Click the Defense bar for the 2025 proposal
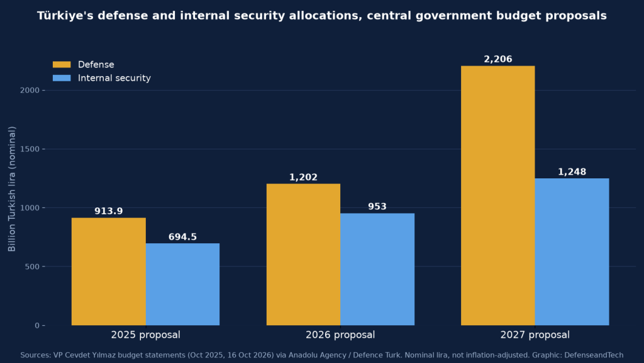[108, 272]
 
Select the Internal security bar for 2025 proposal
[183, 284]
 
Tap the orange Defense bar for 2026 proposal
[304, 255]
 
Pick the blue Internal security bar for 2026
[377, 269]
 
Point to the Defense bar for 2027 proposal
[498, 195]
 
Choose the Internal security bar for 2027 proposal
[572, 252]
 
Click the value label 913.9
[108, 211]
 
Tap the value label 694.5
[183, 237]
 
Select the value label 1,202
[304, 177]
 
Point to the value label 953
[377, 207]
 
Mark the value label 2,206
[498, 59]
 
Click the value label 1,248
[572, 172]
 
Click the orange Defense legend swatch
[62, 65]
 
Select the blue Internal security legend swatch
[62, 78]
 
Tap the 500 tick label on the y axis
[33, 267]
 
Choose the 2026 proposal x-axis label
[340, 335]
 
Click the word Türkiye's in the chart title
[64, 16]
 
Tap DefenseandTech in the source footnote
[594, 355]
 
